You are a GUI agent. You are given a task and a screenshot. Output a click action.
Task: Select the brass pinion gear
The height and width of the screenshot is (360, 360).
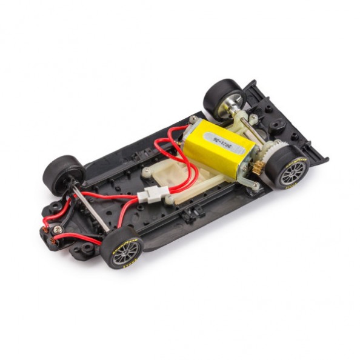(257, 169)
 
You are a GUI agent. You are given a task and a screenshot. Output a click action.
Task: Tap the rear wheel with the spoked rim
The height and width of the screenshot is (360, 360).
(288, 166)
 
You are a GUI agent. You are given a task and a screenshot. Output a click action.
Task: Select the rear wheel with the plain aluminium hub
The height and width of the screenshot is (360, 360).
(223, 97)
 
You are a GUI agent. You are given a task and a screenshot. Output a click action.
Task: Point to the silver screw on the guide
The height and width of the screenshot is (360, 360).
(58, 230)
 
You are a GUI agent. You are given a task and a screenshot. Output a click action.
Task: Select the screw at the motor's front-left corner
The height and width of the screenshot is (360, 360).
(193, 120)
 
